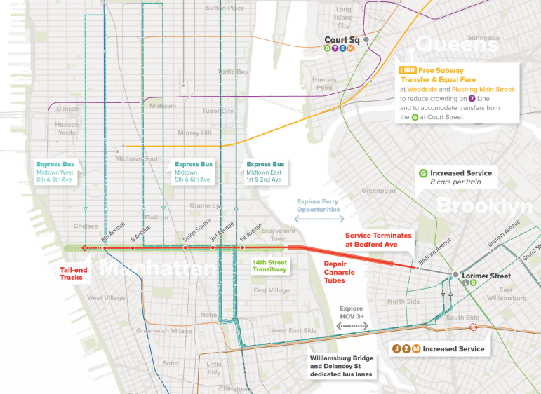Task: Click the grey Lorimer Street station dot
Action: [455, 274]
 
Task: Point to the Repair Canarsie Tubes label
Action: [344, 271]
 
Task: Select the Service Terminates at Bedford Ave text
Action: [378, 240]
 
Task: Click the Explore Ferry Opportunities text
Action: [318, 205]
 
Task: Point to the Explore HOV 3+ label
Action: [351, 313]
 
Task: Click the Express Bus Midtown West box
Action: [57, 172]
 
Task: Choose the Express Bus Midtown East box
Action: [265, 172]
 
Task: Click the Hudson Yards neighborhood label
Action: [67, 131]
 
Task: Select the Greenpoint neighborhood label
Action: [378, 190]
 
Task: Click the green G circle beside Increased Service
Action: [423, 173]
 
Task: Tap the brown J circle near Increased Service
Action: [396, 348]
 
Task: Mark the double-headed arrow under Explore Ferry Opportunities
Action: [318, 219]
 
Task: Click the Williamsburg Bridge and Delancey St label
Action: [342, 367]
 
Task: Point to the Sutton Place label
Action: [225, 8]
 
